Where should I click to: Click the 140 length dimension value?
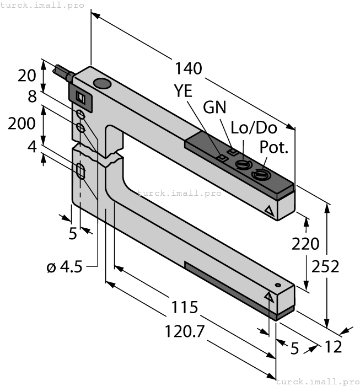click(x=189, y=68)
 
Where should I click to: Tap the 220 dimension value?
click(x=306, y=243)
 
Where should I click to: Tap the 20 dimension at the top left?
click(x=26, y=75)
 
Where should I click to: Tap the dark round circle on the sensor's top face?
click(x=102, y=84)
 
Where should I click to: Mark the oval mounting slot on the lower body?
click(x=81, y=171)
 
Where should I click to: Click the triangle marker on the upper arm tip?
click(x=270, y=210)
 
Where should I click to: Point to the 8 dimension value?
click(x=32, y=97)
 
